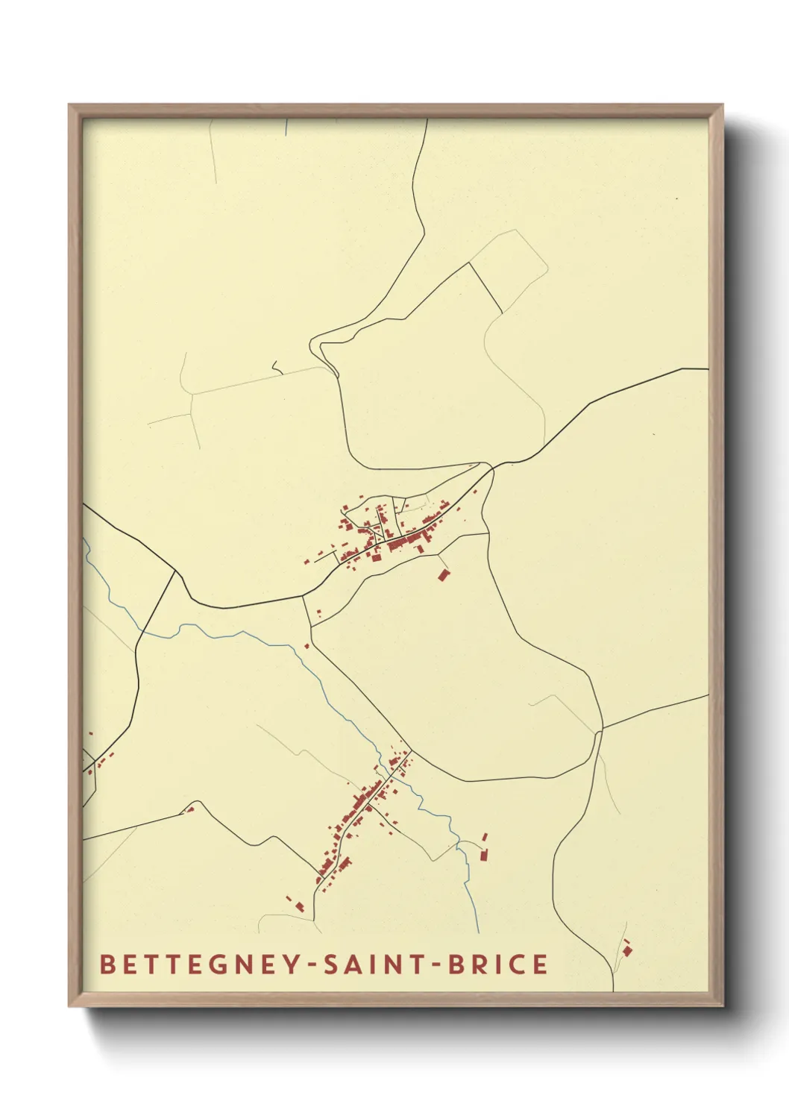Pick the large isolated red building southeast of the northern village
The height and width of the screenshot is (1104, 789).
[x=444, y=575]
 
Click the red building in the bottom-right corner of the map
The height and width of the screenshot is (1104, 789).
[x=626, y=950]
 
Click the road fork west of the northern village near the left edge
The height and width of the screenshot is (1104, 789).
[x=175, y=572]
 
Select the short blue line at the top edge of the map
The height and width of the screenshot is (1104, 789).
[x=287, y=127]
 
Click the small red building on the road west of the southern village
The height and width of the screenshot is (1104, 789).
[x=190, y=809]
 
